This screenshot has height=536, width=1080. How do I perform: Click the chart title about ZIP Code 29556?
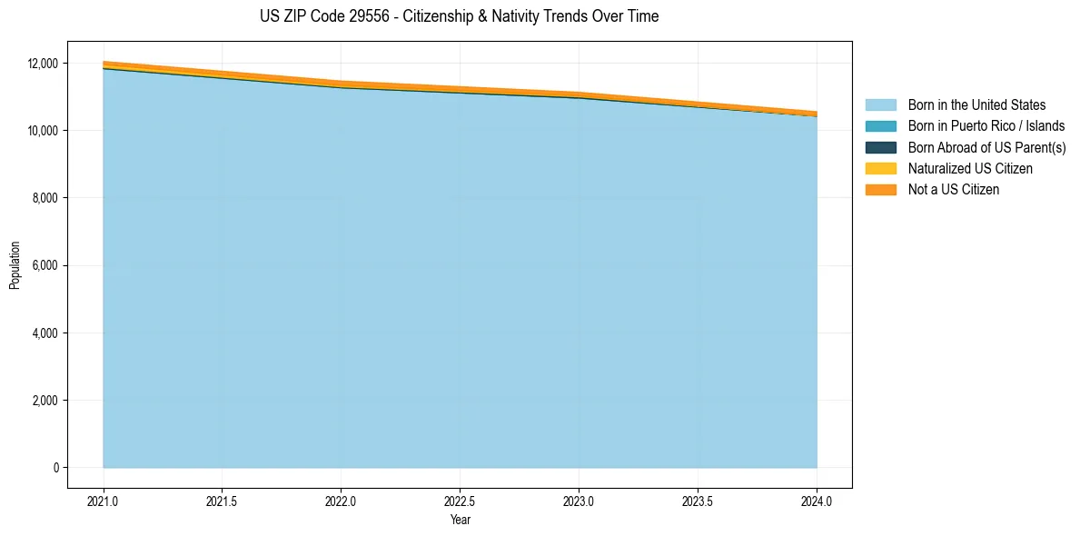(459, 16)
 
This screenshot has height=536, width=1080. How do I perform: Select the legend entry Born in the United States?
(976, 105)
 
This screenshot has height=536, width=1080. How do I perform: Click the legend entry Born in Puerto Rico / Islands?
(986, 126)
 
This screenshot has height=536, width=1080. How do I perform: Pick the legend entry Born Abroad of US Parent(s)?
(986, 147)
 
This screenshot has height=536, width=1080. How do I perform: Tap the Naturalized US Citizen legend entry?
(970, 169)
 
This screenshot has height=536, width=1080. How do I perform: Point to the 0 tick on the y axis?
(55, 468)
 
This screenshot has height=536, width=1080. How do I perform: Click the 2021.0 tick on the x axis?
(104, 501)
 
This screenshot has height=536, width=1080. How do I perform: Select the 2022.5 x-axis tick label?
(460, 501)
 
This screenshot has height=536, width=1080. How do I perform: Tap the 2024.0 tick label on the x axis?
(817, 501)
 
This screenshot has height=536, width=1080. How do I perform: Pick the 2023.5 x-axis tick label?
(698, 501)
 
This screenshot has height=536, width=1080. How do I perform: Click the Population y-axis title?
(15, 265)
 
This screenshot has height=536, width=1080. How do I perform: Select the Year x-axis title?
(460, 520)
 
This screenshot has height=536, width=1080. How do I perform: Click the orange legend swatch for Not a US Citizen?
(880, 190)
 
